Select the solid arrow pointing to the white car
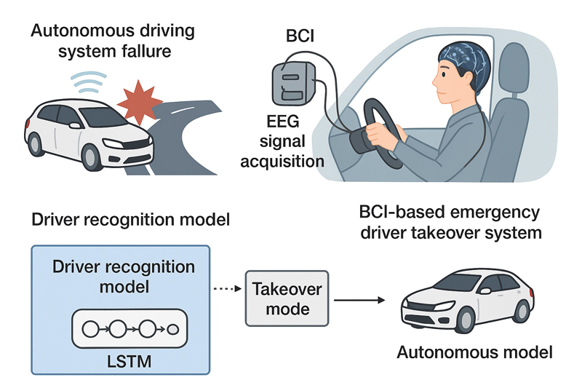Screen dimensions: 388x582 pos(356,299)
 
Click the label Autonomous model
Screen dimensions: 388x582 pos(474,353)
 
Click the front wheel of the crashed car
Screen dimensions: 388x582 pos(92,156)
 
